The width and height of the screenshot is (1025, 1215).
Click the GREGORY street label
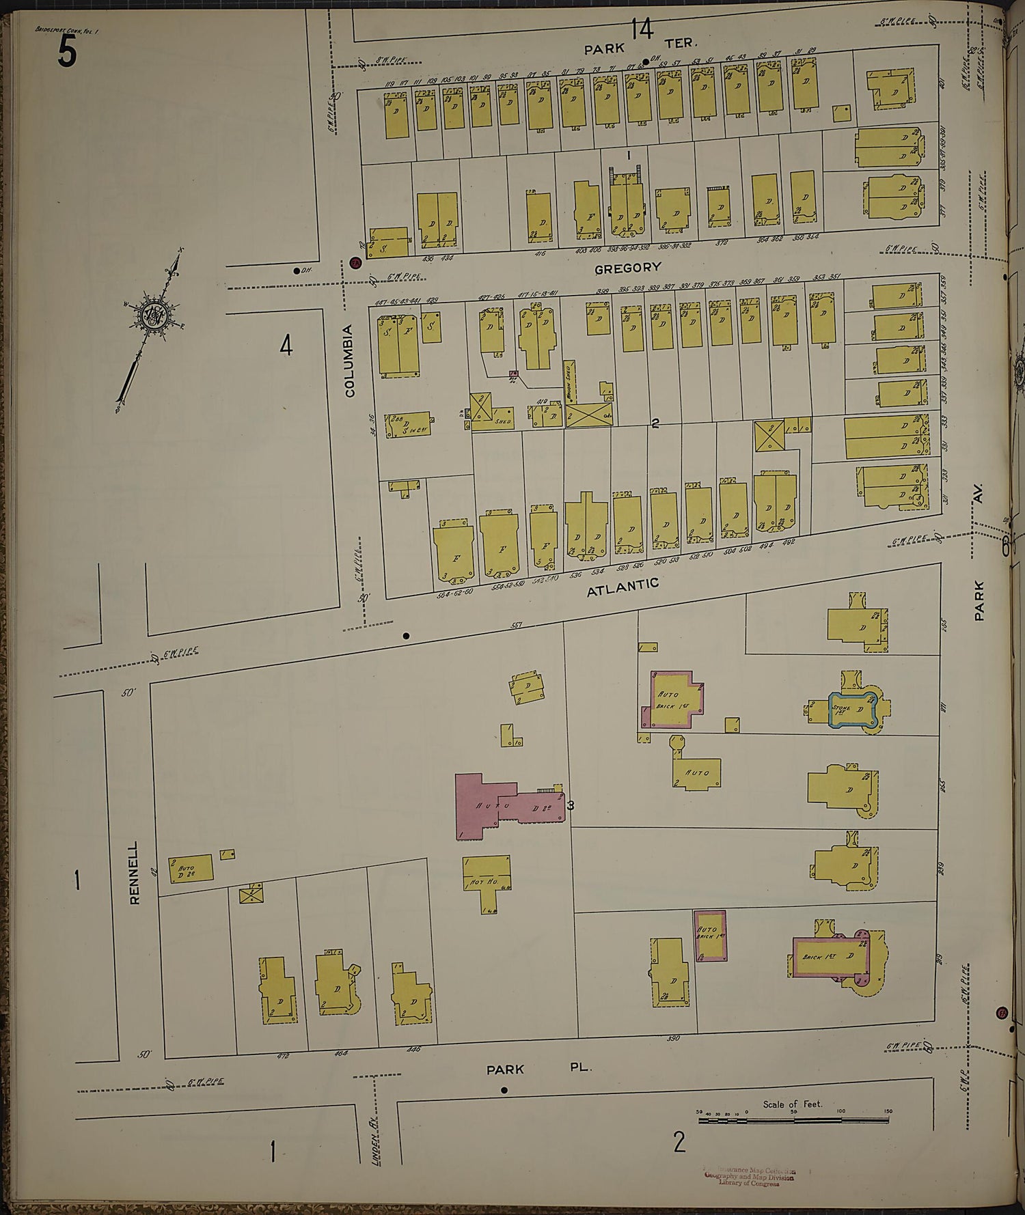pyautogui.click(x=627, y=268)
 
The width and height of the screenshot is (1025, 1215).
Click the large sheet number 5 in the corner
pyautogui.click(x=66, y=51)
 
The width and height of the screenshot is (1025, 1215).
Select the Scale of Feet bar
pyautogui.click(x=793, y=1120)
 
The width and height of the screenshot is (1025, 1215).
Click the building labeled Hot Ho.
pyautogui.click(x=486, y=880)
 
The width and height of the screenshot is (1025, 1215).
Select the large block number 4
pyautogui.click(x=286, y=346)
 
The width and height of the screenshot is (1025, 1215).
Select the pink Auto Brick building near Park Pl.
pyautogui.click(x=709, y=935)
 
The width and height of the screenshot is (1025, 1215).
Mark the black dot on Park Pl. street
pyautogui.click(x=504, y=1090)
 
